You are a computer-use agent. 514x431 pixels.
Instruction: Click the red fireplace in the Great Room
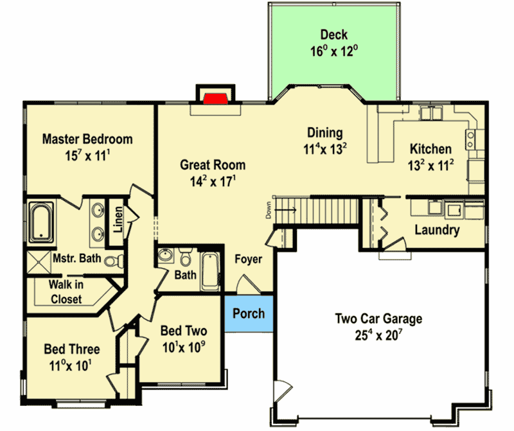tap(215, 98)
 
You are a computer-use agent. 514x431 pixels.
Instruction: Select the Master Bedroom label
tap(87, 139)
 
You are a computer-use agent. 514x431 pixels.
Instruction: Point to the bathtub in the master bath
tap(43, 222)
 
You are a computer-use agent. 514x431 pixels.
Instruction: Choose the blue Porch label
tap(249, 313)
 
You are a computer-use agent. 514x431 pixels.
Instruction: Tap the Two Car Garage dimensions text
tap(378, 335)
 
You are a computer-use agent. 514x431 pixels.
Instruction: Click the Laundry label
tap(437, 230)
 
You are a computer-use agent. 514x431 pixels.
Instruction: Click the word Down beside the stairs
tap(267, 211)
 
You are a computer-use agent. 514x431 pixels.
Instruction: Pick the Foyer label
tap(248, 259)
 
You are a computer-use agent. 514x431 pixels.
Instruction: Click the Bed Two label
tap(184, 331)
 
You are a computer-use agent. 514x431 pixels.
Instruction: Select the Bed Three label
tap(72, 349)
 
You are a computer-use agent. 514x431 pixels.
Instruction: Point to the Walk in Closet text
tap(66, 292)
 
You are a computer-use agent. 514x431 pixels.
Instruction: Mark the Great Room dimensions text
tap(213, 182)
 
